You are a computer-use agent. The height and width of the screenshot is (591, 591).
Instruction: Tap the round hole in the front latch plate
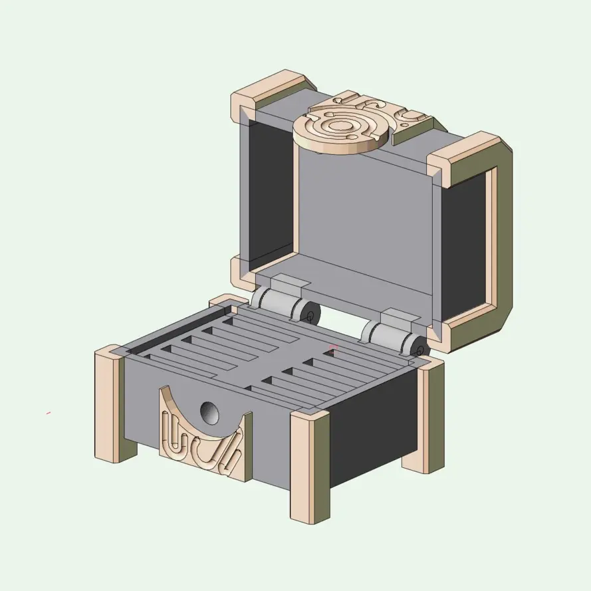coord(210,414)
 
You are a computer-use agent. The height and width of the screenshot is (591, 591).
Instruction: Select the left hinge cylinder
coord(278,304)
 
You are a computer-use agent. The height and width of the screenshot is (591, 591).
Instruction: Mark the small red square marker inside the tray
coord(334,347)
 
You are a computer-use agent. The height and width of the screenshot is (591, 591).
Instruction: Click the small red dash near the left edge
coord(49,413)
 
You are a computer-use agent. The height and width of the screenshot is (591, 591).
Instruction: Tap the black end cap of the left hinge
coord(310,313)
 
